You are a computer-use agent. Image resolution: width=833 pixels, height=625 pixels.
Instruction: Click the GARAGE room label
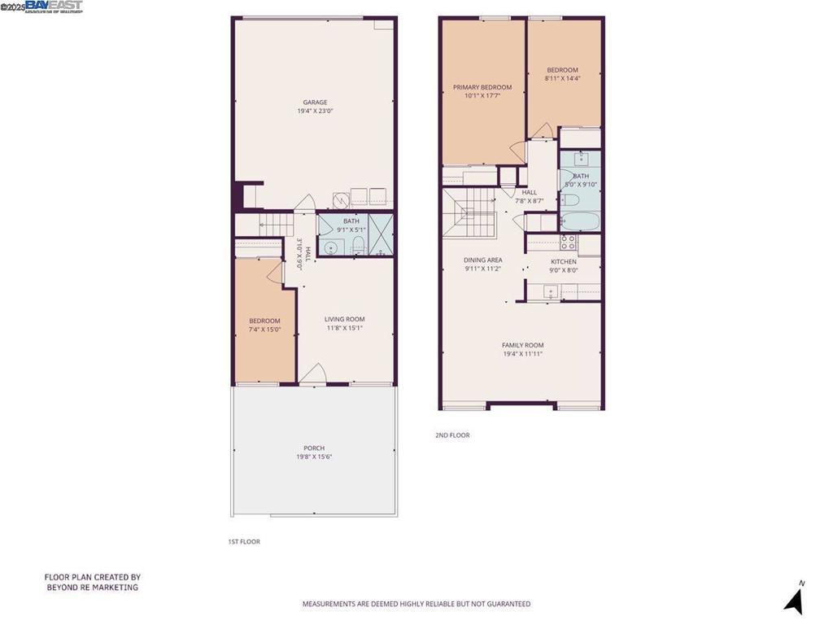tap(315, 103)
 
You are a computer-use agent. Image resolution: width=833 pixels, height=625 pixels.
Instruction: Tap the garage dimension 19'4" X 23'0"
tap(315, 111)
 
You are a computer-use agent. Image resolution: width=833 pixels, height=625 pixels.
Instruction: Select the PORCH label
tap(314, 448)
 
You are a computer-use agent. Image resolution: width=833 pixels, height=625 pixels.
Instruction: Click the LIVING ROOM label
tap(345, 319)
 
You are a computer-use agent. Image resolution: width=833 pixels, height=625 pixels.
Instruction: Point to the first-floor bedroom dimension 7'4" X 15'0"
tap(264, 330)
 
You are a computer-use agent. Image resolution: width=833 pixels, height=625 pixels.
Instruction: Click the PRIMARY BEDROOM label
tap(482, 87)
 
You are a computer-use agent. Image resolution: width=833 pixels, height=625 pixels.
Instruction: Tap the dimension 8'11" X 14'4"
tap(562, 78)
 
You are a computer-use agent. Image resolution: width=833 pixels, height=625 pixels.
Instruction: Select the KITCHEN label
tap(563, 262)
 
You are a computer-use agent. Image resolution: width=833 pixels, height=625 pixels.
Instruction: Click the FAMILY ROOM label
tap(522, 345)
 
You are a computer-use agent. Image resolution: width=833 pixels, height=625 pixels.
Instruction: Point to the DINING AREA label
tap(482, 260)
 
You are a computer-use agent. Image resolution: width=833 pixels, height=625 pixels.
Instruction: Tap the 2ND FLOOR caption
tap(452, 435)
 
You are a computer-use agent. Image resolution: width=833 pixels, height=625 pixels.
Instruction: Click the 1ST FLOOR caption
tap(244, 541)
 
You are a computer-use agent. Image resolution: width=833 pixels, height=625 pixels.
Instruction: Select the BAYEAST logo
tap(54, 7)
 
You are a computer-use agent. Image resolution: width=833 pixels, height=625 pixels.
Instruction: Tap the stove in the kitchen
tap(569, 242)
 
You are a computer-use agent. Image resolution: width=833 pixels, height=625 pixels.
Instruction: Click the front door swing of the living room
tap(312, 373)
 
